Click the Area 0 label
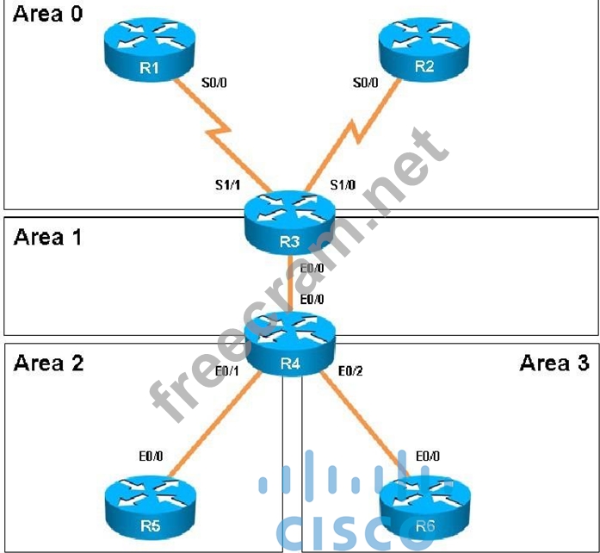48,15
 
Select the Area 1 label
48,237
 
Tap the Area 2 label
48,362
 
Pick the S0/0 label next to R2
366,84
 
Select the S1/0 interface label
344,184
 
